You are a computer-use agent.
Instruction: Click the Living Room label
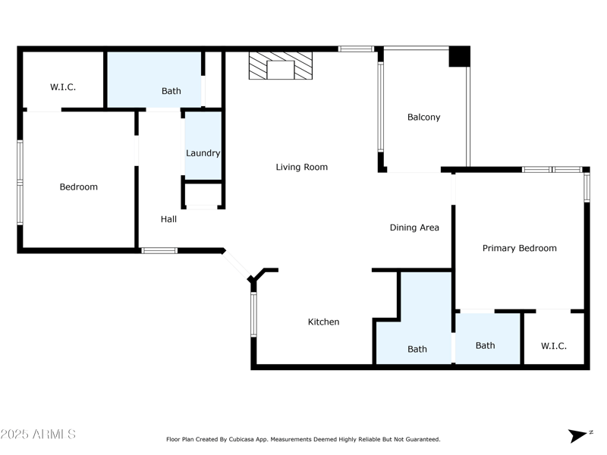pyautogui.click(x=301, y=167)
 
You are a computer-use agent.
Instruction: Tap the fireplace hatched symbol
pyautogui.click(x=281, y=66)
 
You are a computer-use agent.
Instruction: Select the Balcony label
pyautogui.click(x=423, y=117)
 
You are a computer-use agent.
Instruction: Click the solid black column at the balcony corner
pyautogui.click(x=459, y=56)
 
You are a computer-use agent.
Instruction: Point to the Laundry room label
pyautogui.click(x=203, y=153)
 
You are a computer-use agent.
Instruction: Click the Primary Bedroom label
pyautogui.click(x=519, y=248)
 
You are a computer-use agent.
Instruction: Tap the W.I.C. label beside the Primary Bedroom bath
pyautogui.click(x=553, y=346)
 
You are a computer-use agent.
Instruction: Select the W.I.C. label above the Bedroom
pyautogui.click(x=63, y=87)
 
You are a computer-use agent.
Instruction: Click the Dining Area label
pyautogui.click(x=414, y=227)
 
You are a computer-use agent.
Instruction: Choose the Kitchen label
pyautogui.click(x=323, y=322)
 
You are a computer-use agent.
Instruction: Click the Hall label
pyautogui.click(x=168, y=219)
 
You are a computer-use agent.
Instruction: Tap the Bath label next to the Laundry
pyautogui.click(x=171, y=91)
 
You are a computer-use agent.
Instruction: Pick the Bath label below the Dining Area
pyautogui.click(x=417, y=350)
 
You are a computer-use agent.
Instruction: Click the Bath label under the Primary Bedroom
pyautogui.click(x=485, y=346)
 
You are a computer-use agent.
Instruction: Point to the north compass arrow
pyautogui.click(x=579, y=435)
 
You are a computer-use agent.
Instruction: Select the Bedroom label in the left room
pyautogui.click(x=79, y=187)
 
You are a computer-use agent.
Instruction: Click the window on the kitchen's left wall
pyautogui.click(x=253, y=315)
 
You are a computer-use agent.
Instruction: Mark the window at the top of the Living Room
pyautogui.click(x=356, y=49)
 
